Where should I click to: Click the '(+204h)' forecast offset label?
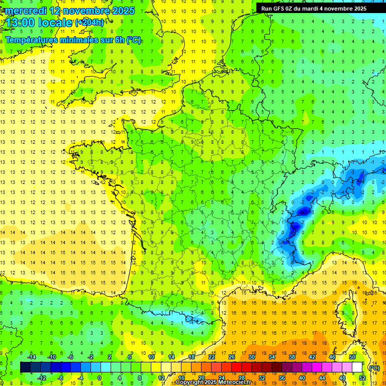click(89, 22)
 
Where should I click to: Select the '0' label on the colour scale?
click(100, 378)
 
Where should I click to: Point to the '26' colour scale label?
click(232, 357)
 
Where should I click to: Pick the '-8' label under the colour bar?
click(61, 378)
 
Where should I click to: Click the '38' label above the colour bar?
click(292, 357)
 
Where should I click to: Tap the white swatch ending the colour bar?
click(357, 367)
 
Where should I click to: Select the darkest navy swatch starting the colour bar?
click(25, 367)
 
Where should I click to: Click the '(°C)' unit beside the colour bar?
click(374, 368)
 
